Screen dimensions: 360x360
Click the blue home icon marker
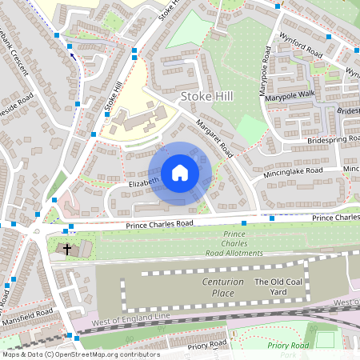pyautogui.click(x=180, y=172)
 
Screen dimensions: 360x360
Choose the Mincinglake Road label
pyautogui.click(x=292, y=171)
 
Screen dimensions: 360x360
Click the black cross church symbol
pyautogui.click(x=67, y=250)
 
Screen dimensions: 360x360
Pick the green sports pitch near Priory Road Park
pyautogui.click(x=323, y=340)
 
